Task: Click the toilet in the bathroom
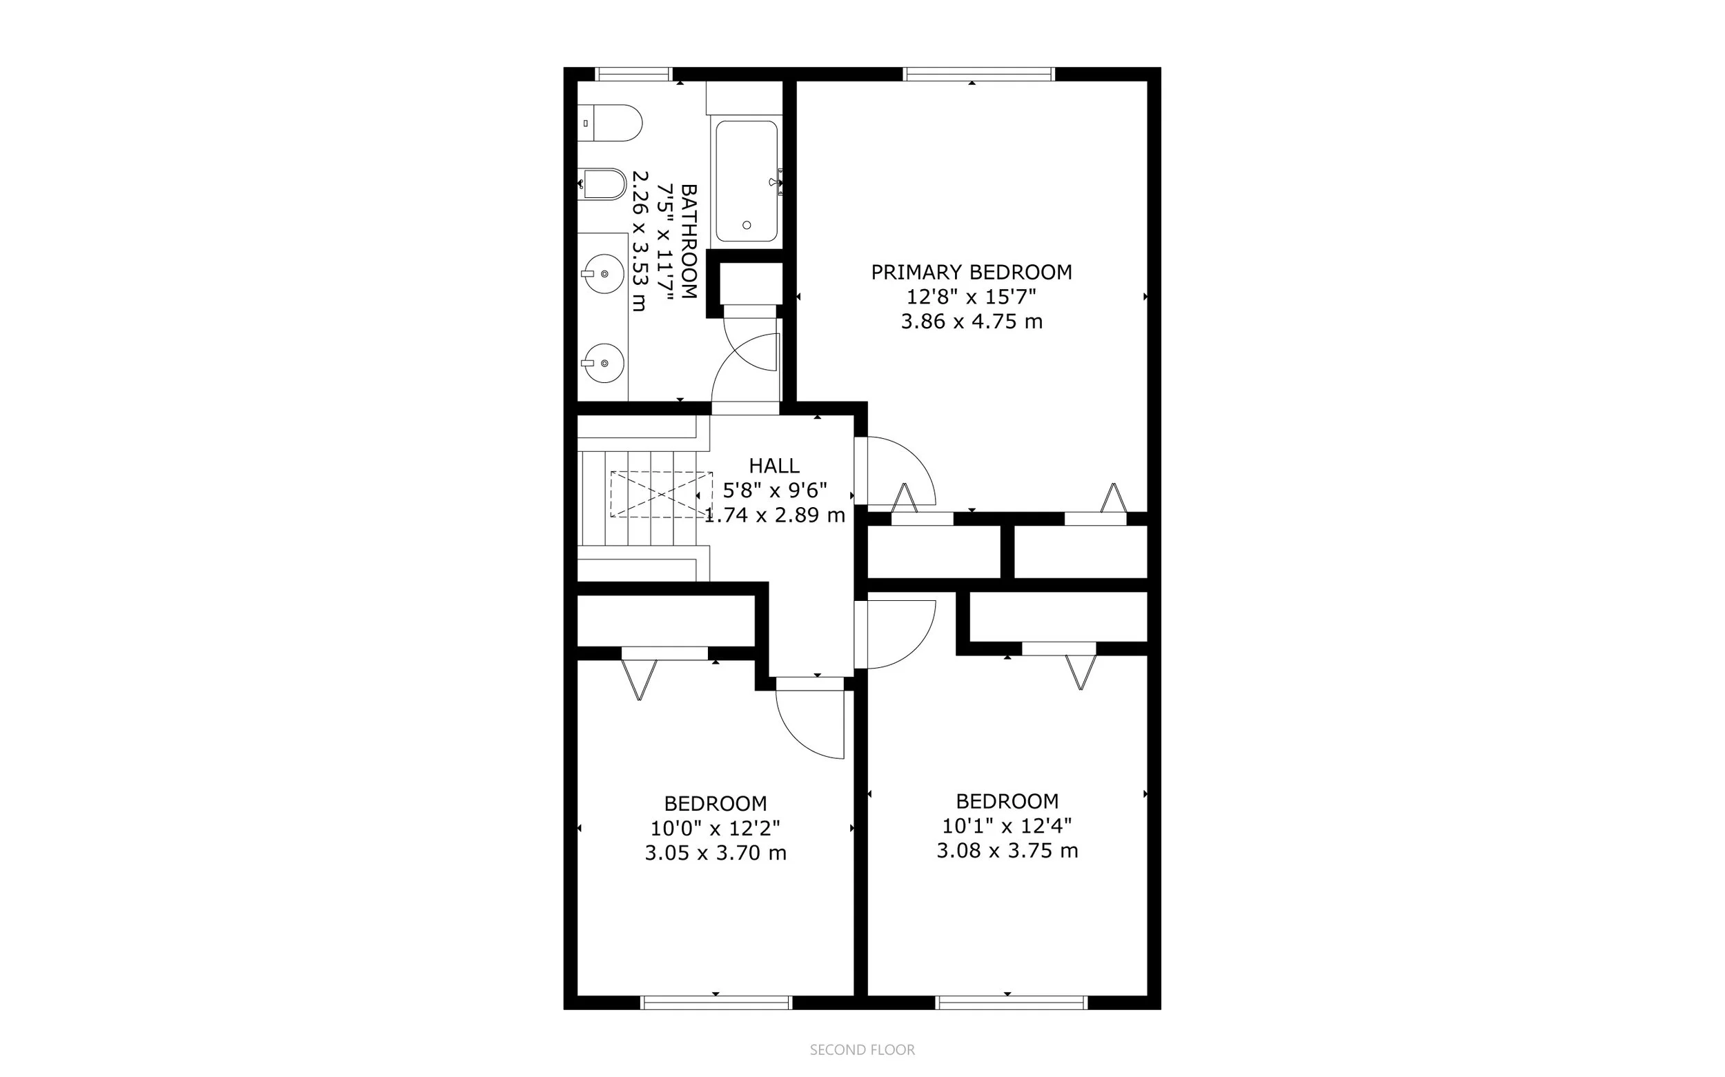point(611,123)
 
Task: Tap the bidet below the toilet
point(603,184)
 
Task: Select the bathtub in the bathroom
point(747,181)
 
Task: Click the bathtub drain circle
point(747,225)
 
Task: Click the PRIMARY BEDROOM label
point(972,272)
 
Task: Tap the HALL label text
point(774,466)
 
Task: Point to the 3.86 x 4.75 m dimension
point(972,322)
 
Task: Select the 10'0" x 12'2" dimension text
point(715,829)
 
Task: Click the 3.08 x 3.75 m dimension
point(1007,851)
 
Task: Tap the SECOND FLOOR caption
point(862,1050)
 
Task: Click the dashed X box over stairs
point(661,494)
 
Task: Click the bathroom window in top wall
point(634,74)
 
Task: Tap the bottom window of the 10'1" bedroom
point(1012,1003)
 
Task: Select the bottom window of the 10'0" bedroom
point(716,1003)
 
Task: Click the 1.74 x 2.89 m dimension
point(775,515)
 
